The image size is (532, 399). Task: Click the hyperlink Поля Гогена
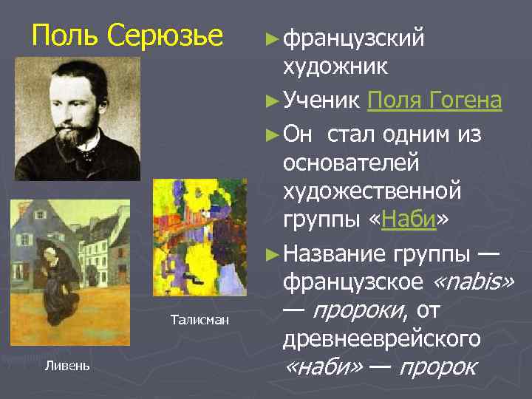[x=434, y=100]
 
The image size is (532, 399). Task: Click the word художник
[x=334, y=68]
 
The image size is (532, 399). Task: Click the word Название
[x=334, y=254]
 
